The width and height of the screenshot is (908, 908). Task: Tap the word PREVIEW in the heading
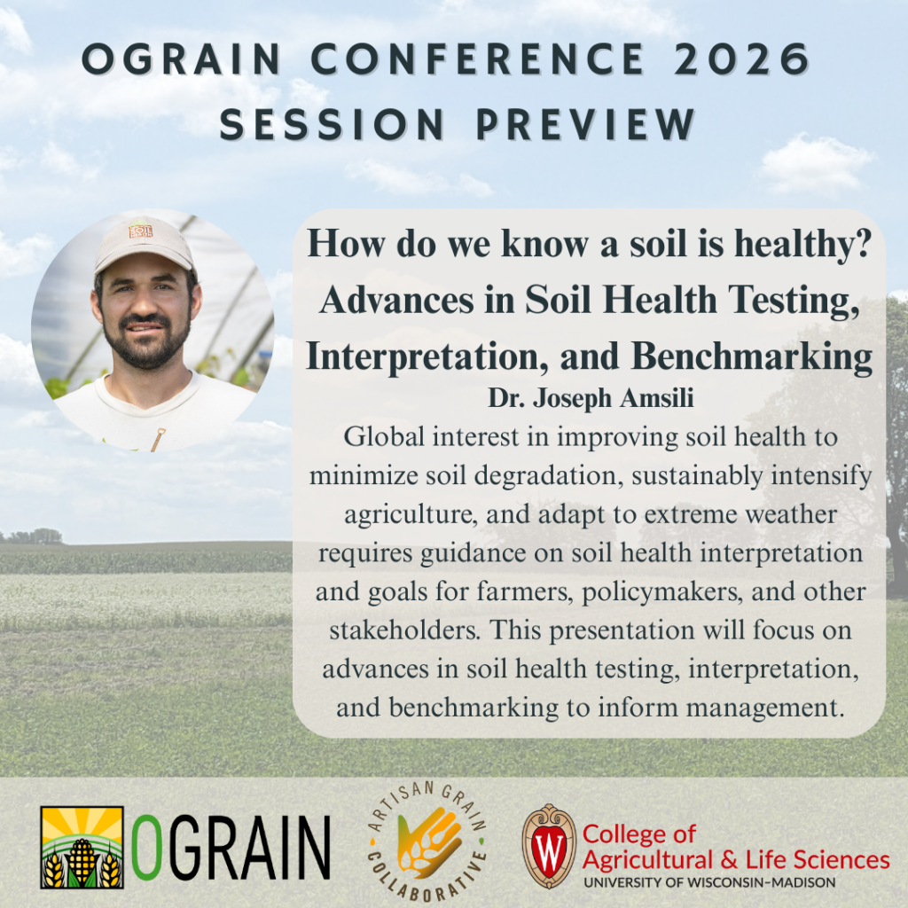pos(585,124)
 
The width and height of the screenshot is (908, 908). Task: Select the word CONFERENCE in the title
pos(478,59)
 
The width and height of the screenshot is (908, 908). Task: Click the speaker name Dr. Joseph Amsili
pos(591,398)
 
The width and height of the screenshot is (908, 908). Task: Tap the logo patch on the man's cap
pos(140,231)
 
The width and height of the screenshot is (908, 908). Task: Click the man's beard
pos(147,341)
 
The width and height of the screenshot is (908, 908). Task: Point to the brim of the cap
pos(145,261)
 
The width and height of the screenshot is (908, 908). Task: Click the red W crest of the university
pos(549,846)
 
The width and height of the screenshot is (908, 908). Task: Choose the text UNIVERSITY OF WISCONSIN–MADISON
pos(709,882)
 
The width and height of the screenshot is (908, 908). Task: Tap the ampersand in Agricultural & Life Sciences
pos(729,860)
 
